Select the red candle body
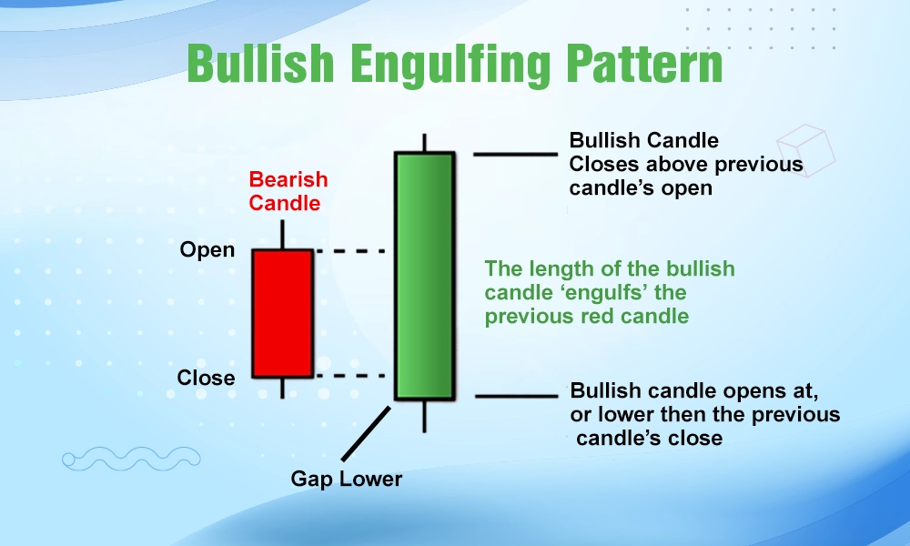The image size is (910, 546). coord(282,313)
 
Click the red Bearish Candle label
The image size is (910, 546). coord(288,191)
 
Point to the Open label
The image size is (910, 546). coord(207,250)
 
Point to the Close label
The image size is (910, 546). coord(206,377)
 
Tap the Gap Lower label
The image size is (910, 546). coord(346,478)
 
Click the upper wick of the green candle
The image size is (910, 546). coord(424,143)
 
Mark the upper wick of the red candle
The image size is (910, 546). coord(282,234)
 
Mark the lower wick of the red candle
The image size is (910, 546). coord(282,388)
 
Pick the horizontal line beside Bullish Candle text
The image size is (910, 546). coord(514,154)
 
